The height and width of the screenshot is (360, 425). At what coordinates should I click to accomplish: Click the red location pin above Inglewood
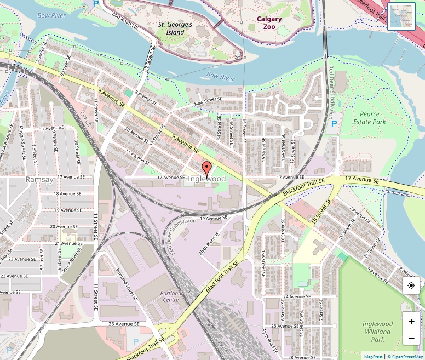pyautogui.click(x=206, y=168)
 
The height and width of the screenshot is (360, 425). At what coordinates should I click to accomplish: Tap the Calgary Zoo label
pyautogui.click(x=269, y=22)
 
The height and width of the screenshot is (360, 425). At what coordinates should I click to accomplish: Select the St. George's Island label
pyautogui.click(x=175, y=28)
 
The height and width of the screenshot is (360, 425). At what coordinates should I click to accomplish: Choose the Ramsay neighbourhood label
pyautogui.click(x=39, y=179)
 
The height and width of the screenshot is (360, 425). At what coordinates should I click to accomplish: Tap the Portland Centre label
pyautogui.click(x=170, y=296)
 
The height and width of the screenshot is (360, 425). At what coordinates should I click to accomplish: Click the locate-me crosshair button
pyautogui.click(x=411, y=285)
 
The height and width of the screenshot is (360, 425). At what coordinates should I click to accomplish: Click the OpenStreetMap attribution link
pyautogui.click(x=406, y=357)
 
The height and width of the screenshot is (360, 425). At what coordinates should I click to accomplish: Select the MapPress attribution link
pyautogui.click(x=373, y=357)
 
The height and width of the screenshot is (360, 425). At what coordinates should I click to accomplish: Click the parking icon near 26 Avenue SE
pyautogui.click(x=136, y=341)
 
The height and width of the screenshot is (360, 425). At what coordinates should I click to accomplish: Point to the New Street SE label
pyautogui.click(x=208, y=101)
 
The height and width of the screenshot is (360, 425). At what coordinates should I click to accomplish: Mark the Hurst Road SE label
pyautogui.click(x=71, y=256)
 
